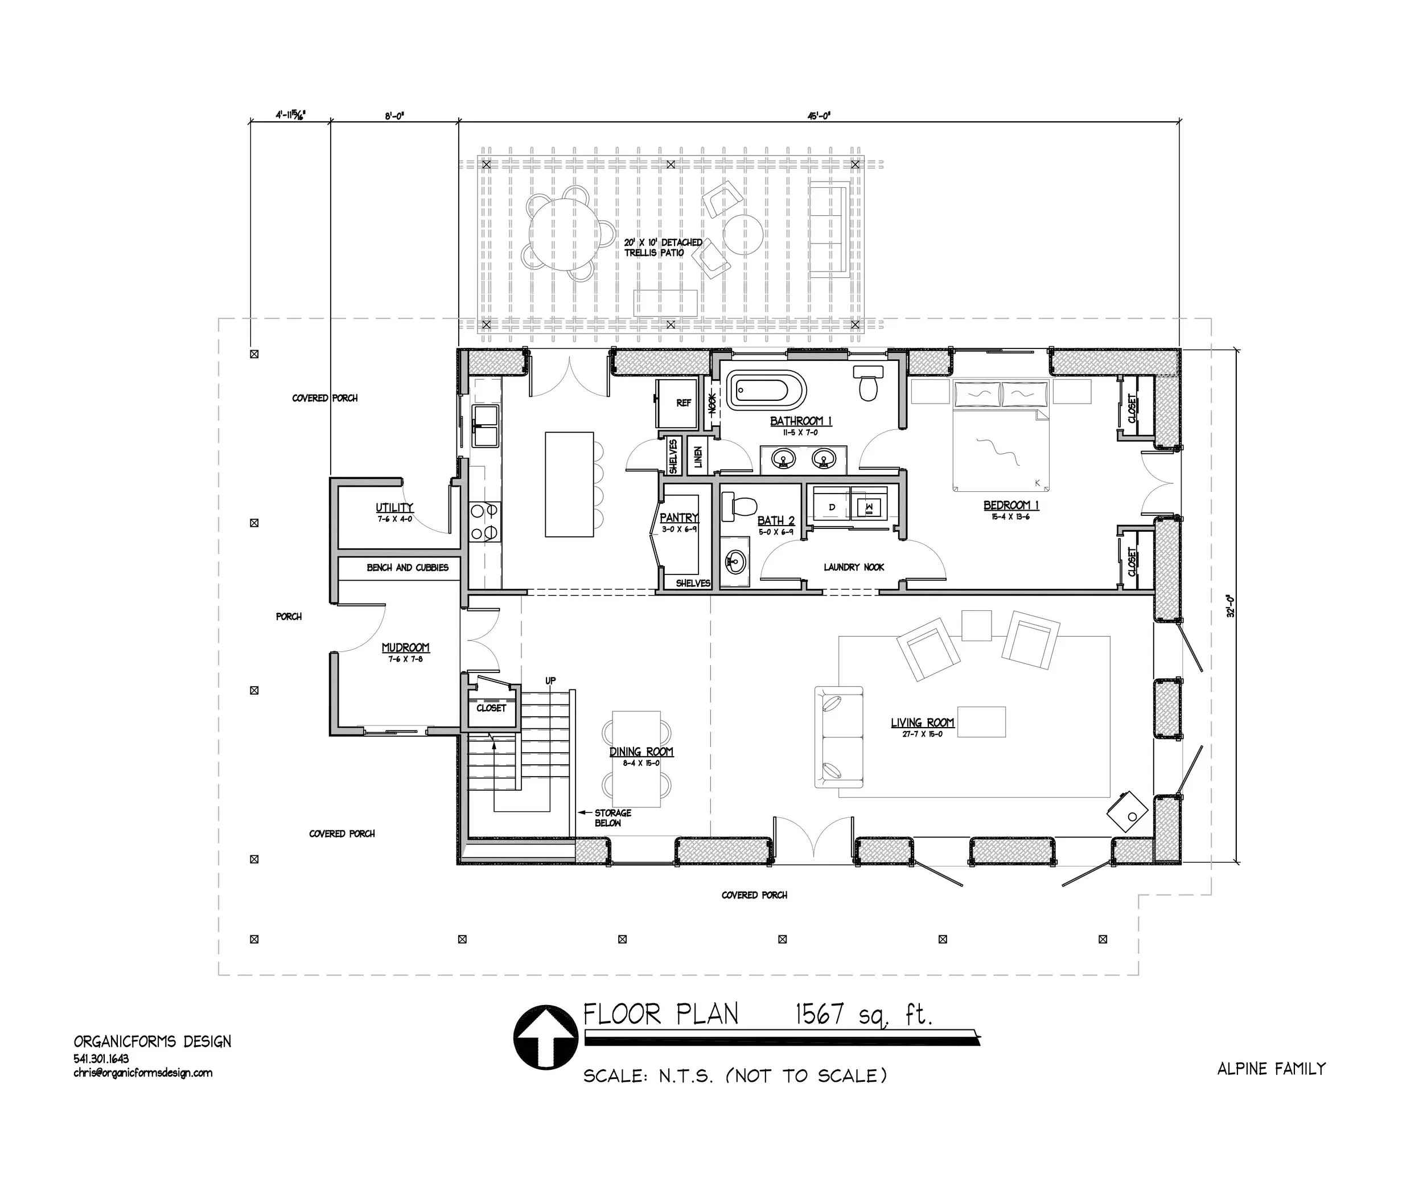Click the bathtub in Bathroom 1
click(768, 391)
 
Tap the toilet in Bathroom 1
click(868, 385)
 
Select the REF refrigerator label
click(683, 403)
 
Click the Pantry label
click(679, 518)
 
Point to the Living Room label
click(922, 723)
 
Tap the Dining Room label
click(641, 752)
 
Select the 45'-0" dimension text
click(819, 115)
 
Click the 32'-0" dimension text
click(1231, 605)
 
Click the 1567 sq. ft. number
click(819, 1015)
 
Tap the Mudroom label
click(405, 647)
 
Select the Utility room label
click(394, 508)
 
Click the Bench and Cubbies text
click(407, 567)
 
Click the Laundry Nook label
click(854, 567)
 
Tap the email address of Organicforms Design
click(143, 1073)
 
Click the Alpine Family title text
click(1271, 1069)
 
